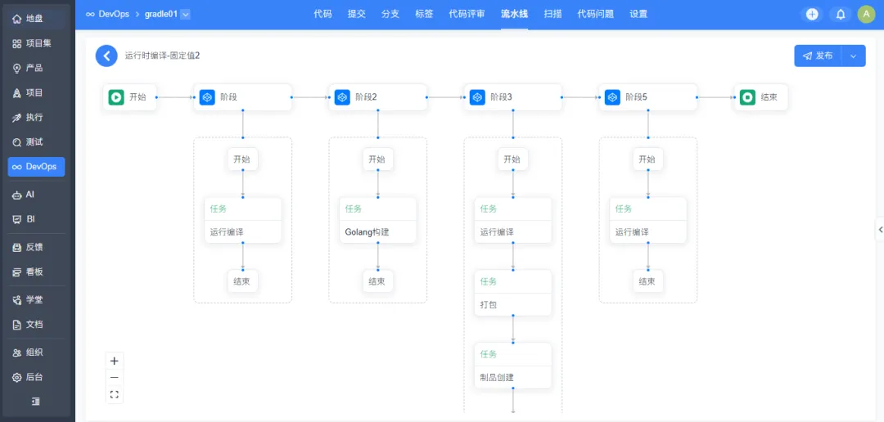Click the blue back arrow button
click(x=106, y=56)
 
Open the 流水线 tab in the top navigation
click(x=514, y=14)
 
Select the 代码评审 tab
click(x=467, y=14)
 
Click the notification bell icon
click(x=840, y=15)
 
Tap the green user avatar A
click(x=866, y=15)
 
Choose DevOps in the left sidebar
click(x=36, y=167)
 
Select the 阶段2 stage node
click(x=377, y=97)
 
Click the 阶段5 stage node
click(x=647, y=97)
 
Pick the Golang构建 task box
click(x=377, y=220)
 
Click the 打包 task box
click(x=513, y=293)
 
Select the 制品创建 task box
click(x=513, y=366)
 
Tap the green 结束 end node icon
click(x=747, y=97)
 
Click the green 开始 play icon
click(x=116, y=97)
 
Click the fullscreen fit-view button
click(x=115, y=394)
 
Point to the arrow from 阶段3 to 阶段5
click(x=580, y=97)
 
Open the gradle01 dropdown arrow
click(x=186, y=15)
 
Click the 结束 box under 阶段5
click(x=647, y=281)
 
